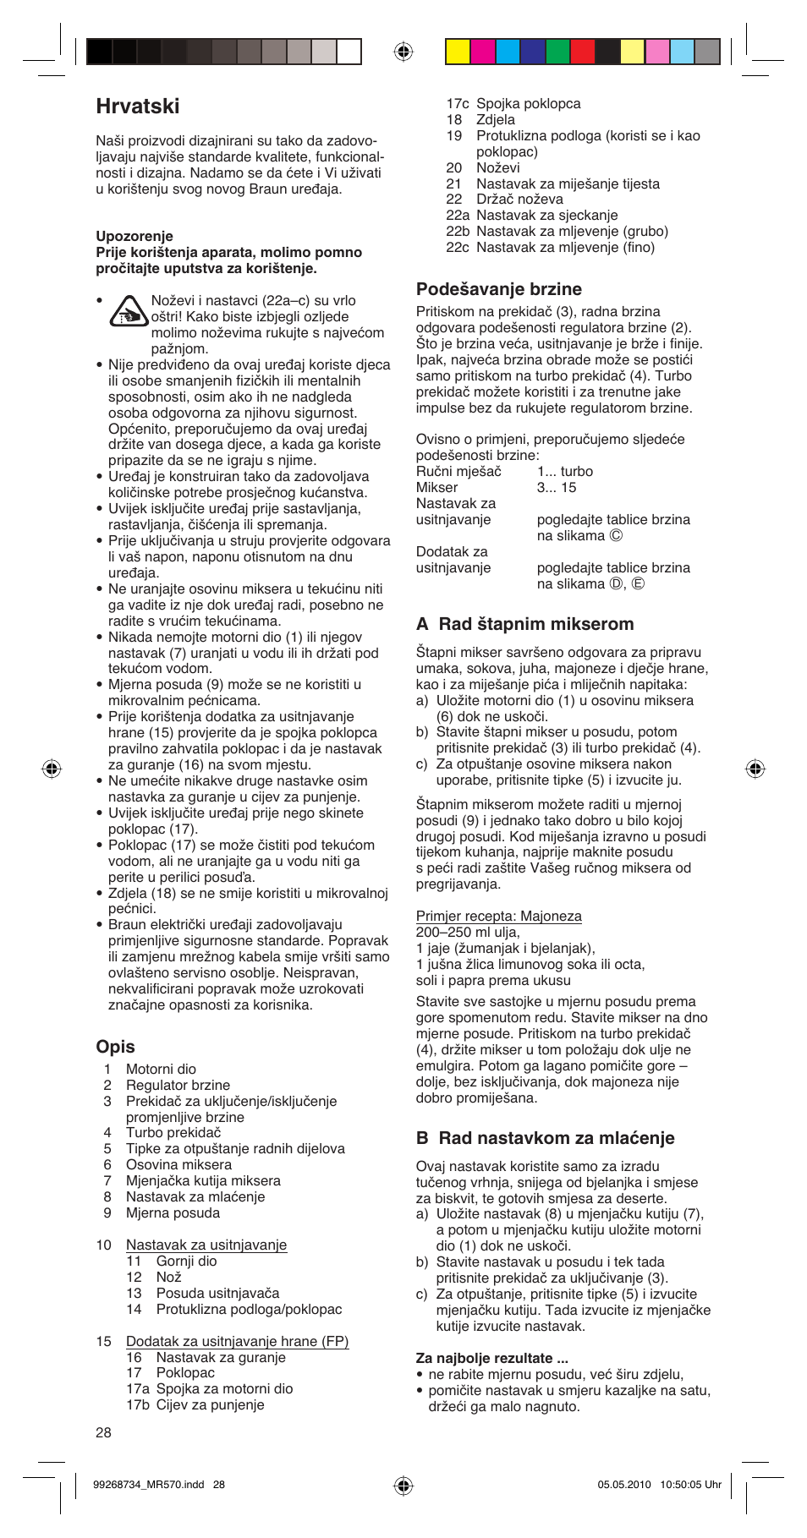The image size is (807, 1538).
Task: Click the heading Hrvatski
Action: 138,107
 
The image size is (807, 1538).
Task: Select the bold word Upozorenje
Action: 134,236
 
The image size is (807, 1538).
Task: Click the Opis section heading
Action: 115,1047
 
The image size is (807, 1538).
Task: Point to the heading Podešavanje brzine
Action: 498,289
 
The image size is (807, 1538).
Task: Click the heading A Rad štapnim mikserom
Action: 524,624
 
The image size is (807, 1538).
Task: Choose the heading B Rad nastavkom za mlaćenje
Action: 545,1138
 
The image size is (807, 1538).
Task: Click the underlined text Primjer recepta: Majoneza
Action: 498,917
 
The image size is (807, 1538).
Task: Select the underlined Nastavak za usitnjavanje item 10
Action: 206,1245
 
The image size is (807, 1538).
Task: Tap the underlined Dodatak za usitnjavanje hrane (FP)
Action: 237,1341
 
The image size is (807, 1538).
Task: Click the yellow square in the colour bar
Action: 458,52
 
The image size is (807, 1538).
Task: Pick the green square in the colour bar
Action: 557,52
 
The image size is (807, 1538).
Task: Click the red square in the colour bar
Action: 583,52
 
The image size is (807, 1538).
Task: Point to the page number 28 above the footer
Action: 103,1432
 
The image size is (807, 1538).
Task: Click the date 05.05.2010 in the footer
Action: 624,1484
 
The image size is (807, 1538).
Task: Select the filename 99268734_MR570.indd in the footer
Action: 148,1484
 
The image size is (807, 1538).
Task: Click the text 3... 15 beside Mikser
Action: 556,487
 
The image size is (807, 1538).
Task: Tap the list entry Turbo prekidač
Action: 173,1132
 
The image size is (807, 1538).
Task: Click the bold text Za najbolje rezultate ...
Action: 491,1358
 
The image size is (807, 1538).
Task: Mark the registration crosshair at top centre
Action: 403,52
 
